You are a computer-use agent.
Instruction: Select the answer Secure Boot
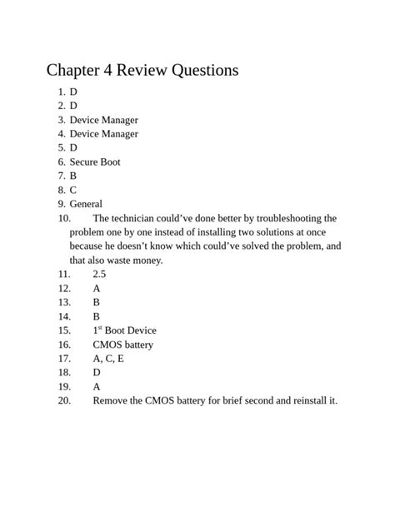[95, 161]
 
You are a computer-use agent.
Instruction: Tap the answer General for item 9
[86, 204]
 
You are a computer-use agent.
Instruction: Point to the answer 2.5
[99, 274]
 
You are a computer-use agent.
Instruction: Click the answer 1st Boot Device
[124, 330]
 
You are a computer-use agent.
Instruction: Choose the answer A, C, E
[108, 359]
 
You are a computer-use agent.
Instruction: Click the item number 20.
[64, 401]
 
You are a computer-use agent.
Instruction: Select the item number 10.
[64, 218]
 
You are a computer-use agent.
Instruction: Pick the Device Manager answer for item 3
[103, 120]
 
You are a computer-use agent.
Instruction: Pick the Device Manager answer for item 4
[103, 134]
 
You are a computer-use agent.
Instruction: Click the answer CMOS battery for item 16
[122, 345]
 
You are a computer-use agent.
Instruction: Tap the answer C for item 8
[73, 190]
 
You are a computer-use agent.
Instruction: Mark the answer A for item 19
[97, 387]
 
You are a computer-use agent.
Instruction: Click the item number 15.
[64, 330]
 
